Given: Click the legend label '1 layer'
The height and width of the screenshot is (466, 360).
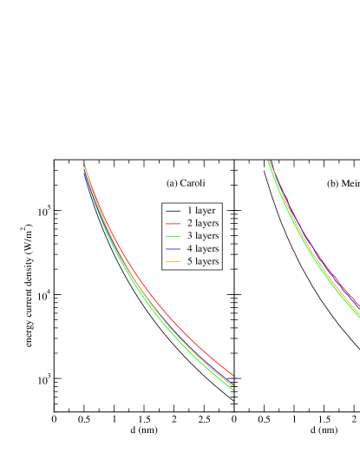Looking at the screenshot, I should pos(200,211).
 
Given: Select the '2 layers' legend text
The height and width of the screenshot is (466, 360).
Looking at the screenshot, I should pos(202,223).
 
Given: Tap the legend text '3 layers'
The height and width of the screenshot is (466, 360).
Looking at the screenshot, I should pos(202,236).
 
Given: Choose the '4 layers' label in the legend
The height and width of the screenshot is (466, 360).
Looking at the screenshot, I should pos(202,249).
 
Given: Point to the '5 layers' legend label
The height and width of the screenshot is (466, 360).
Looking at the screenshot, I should pos(202,261).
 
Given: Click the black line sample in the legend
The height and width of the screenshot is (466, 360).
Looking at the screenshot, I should pos(173,211).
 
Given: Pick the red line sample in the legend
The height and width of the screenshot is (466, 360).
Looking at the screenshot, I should pos(173,224).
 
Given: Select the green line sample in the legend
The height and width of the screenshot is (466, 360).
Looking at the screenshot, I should pos(173,236).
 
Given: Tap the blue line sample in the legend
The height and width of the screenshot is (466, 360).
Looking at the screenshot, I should pos(173,249).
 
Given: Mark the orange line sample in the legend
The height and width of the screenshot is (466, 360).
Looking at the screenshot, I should pos(173,261).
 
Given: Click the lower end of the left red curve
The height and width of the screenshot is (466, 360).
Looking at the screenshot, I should pos(232,375).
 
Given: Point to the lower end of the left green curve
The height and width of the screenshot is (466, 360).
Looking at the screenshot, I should pos(232,390).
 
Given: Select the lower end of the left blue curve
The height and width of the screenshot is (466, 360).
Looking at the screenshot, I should pos(232,383).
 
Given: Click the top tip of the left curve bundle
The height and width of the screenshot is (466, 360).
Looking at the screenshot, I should pos(84,165).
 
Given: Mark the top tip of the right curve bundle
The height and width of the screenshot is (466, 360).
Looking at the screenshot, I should pos(269,161).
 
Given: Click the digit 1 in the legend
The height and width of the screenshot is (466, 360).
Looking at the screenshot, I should pos(189,211).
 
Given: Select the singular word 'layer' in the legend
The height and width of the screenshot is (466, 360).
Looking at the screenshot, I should pos(205,211).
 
